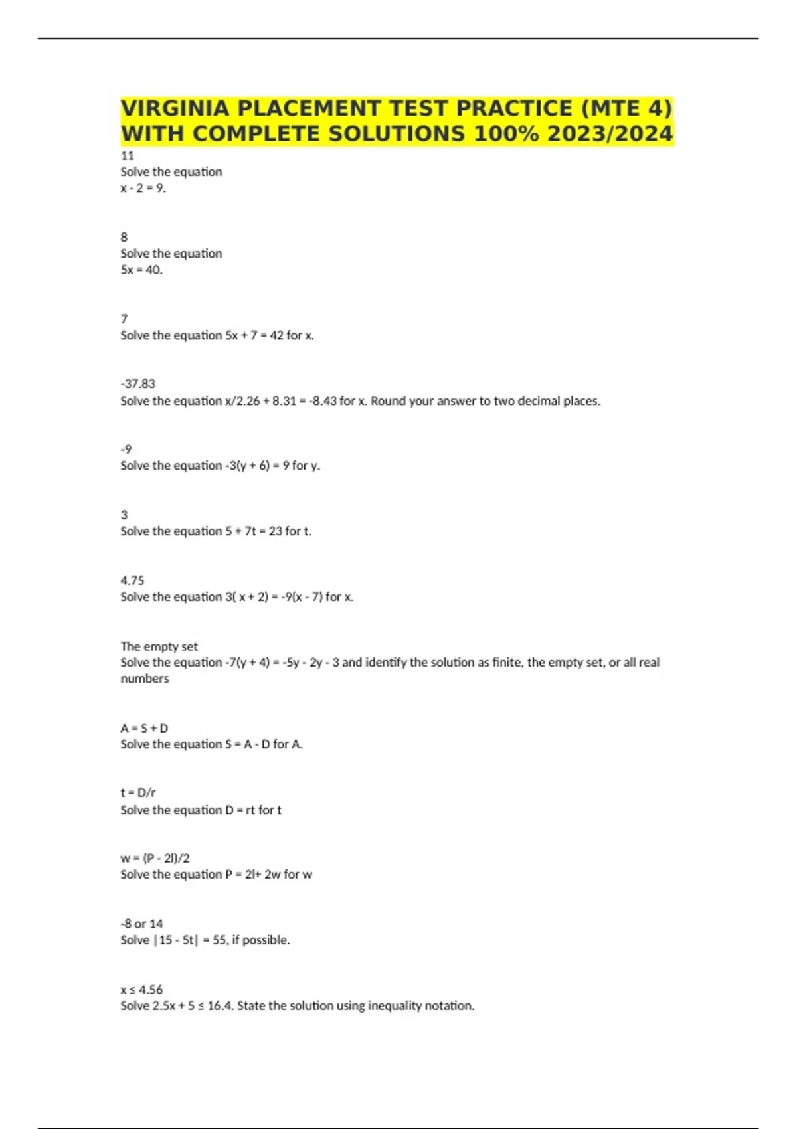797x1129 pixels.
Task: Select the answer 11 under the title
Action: coord(127,156)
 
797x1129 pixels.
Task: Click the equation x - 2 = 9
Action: coord(143,188)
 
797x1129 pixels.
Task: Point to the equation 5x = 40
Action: coord(141,270)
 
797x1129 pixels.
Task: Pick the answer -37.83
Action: coord(137,383)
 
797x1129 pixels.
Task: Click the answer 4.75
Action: coord(132,580)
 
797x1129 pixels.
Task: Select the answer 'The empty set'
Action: coord(159,646)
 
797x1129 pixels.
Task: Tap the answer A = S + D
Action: coord(144,728)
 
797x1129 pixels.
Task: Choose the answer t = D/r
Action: coord(137,792)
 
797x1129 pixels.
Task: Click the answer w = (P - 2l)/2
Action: coord(155,858)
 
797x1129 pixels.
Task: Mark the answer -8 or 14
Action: coord(141,924)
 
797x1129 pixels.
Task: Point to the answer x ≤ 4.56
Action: coord(141,990)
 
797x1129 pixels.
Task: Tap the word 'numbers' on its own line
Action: coord(144,679)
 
